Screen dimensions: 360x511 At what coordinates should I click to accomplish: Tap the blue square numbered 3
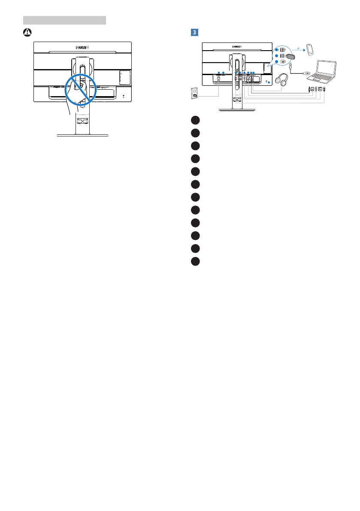(194, 32)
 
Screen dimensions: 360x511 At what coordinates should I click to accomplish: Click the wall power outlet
(194, 94)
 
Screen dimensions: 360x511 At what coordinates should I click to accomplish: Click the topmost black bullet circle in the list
(196, 121)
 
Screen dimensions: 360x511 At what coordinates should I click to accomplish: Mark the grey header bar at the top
(64, 20)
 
